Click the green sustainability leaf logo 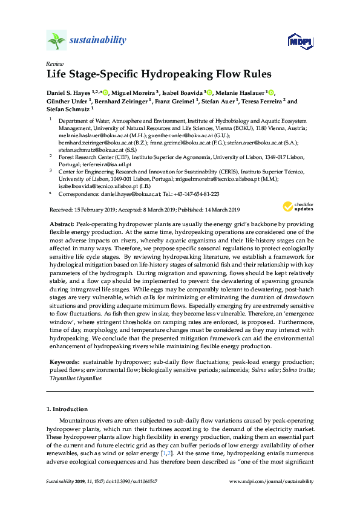[x=56, y=41]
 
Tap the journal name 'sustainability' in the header [x=98, y=41]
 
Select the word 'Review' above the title [x=53, y=63]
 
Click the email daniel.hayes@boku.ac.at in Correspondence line [x=128, y=194]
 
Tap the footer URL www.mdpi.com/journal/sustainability [x=272, y=481]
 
